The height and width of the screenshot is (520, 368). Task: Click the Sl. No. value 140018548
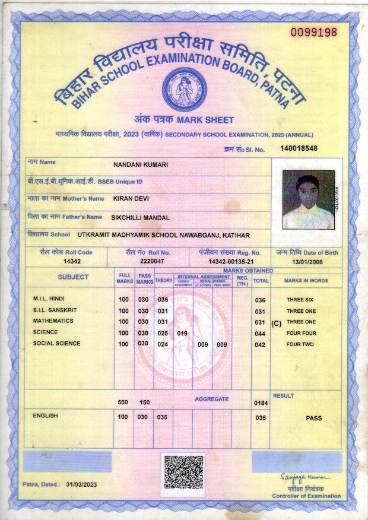coord(299,148)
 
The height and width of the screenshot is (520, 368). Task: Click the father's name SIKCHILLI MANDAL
coord(140,218)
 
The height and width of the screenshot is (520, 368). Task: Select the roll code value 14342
coord(72,261)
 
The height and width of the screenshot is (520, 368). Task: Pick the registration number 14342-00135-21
coord(231,261)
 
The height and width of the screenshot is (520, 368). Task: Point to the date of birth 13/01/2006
coord(307,261)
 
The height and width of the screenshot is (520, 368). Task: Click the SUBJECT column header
coord(73,277)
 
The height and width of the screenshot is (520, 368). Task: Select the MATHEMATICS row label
coord(53,321)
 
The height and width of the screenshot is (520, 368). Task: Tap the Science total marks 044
coord(260,334)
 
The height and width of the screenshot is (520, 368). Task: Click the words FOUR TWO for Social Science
coord(299,345)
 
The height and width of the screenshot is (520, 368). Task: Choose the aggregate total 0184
coord(261,404)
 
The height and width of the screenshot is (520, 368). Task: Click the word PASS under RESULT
coord(313,418)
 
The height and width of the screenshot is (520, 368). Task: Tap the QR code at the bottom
coord(183,471)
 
